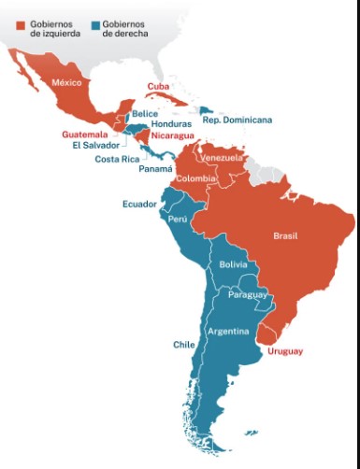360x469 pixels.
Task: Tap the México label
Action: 67,83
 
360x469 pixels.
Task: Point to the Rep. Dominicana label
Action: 238,120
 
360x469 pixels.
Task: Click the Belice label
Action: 145,113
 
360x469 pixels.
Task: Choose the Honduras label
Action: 171,123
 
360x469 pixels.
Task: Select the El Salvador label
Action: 94,145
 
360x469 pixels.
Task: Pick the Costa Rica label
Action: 119,159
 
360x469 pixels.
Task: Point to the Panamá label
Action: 155,169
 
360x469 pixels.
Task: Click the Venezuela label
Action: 222,158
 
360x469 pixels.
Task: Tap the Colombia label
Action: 196,178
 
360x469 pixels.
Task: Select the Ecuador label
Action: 139,204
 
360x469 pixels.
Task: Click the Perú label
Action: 178,219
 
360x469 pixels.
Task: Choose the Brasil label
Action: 285,235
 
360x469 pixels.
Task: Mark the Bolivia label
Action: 233,265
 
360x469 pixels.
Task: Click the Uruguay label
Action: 284,351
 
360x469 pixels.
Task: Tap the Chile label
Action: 183,345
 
